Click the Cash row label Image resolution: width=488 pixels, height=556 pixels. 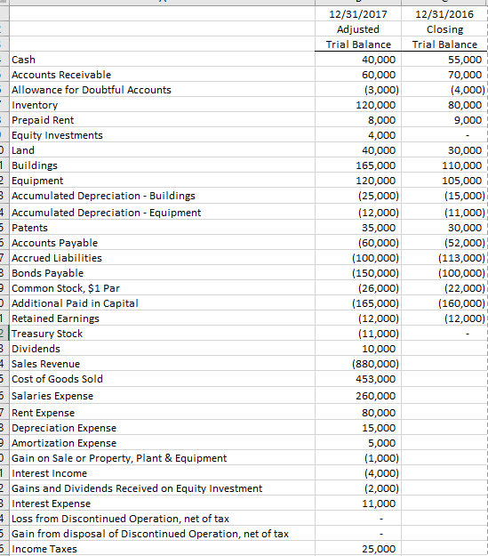pyautogui.click(x=23, y=60)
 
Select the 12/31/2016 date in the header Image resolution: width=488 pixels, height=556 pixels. pyautogui.click(x=444, y=14)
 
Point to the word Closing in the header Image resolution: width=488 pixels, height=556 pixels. pyautogui.click(x=444, y=29)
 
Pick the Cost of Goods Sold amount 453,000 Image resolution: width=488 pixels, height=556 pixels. pyautogui.click(x=375, y=379)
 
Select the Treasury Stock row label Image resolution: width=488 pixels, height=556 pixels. pyautogui.click(x=46, y=334)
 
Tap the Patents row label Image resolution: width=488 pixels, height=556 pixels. pyautogui.click(x=31, y=228)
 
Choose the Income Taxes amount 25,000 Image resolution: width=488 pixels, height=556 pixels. pyautogui.click(x=379, y=549)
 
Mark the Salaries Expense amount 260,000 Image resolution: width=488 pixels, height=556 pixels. pyautogui.click(x=375, y=396)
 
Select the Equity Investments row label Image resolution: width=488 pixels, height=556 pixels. pyautogui.click(x=57, y=135)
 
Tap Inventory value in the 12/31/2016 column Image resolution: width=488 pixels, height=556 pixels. pyautogui.click(x=464, y=105)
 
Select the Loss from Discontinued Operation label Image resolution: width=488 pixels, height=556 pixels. pyautogui.click(x=120, y=519)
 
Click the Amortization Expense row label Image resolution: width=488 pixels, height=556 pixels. pyautogui.click(x=63, y=443)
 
